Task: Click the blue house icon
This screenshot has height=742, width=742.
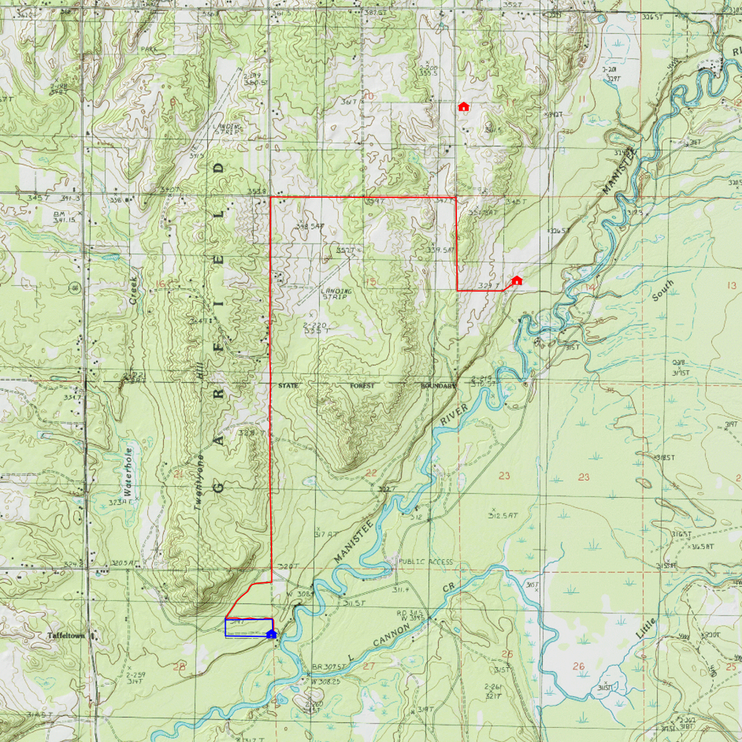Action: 271,634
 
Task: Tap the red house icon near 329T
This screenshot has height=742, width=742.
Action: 517,281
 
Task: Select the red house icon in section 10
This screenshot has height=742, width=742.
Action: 464,106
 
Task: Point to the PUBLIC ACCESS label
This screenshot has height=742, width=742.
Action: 425,561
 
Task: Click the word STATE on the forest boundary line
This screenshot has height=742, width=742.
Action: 288,385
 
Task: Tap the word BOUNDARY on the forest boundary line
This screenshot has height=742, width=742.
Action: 438,386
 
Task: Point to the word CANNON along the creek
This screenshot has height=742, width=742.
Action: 391,636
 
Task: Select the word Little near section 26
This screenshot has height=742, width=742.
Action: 646,628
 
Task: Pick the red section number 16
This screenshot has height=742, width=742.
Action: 161,284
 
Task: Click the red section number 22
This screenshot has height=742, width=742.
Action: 371,473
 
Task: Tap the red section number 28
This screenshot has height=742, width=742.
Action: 179,667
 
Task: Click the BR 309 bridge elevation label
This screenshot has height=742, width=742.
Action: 328,667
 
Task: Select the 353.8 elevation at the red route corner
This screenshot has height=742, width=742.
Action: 257,192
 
